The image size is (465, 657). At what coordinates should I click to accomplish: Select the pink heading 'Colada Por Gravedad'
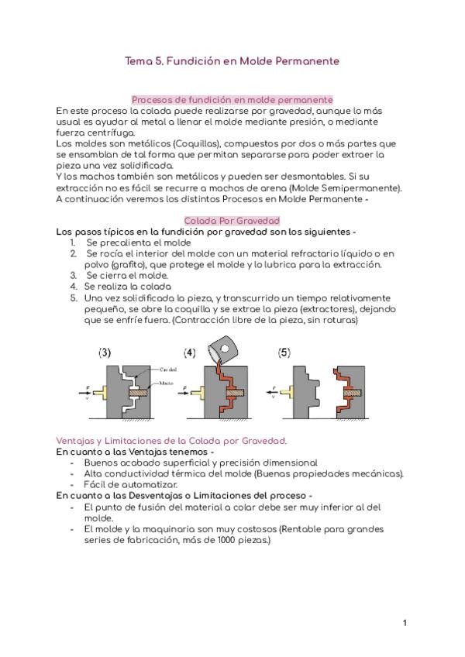(232, 221)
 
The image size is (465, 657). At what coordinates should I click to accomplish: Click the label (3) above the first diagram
(105, 353)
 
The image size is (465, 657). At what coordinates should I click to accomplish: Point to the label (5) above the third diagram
(285, 353)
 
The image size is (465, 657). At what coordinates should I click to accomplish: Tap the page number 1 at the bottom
(405, 623)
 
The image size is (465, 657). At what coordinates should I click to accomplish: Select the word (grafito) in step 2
(111, 264)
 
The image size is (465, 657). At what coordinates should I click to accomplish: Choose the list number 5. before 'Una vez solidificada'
(74, 297)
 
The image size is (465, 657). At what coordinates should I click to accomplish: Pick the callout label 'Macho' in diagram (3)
(167, 381)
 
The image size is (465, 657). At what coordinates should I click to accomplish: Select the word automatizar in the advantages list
(136, 484)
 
